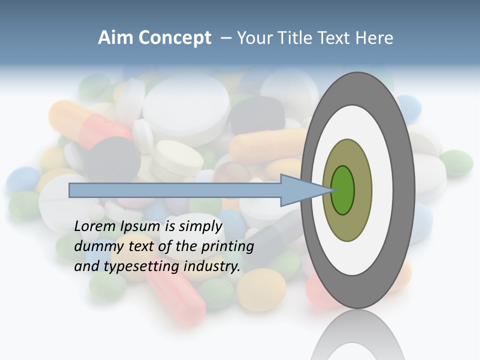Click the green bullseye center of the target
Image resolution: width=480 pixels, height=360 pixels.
[x=343, y=190]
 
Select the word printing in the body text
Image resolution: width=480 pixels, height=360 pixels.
[x=227, y=246]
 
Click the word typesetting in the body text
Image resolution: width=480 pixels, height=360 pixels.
[x=142, y=266]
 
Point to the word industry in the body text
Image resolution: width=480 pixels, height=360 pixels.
[x=212, y=266]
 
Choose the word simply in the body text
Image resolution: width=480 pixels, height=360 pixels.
[x=197, y=227]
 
